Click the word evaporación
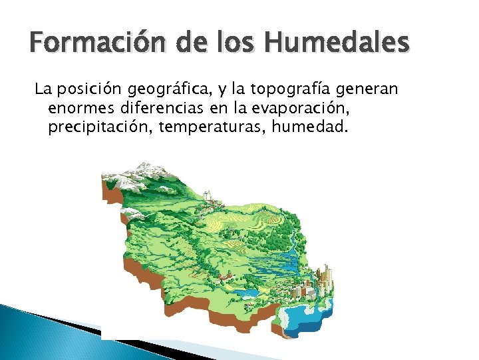pyautogui.click(x=297, y=107)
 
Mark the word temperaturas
pyautogui.click(x=211, y=126)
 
